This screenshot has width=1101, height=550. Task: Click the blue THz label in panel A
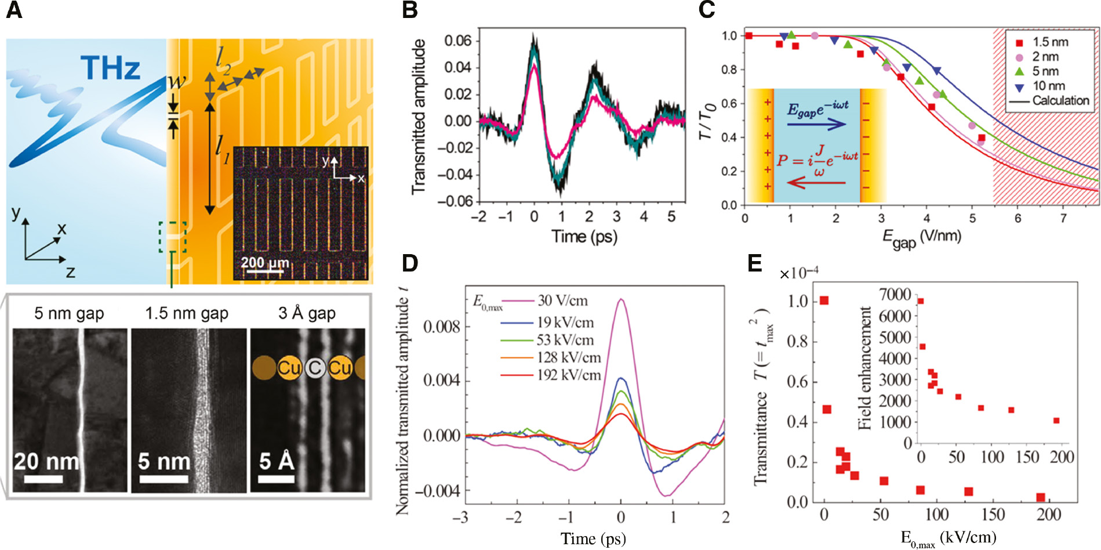click(110, 68)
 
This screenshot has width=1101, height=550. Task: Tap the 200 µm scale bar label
click(264, 263)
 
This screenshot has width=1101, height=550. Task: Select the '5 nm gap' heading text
click(69, 313)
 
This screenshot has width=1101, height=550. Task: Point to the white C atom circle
click(315, 368)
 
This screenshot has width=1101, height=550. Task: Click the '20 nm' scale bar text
click(46, 462)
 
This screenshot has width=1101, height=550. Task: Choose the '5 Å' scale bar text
click(276, 461)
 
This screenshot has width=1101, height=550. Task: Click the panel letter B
click(410, 10)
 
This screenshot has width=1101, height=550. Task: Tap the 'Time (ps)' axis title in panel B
click(584, 236)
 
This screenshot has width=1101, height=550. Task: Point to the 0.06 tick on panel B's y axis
click(458, 41)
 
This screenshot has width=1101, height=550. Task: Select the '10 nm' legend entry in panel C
click(1048, 86)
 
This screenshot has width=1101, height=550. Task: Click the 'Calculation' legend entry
click(1060, 100)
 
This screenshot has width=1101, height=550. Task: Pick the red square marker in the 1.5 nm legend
click(1019, 42)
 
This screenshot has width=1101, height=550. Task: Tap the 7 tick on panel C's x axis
click(1063, 218)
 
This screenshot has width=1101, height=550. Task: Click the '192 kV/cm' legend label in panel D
click(568, 375)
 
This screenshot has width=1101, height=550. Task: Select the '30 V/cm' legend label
click(562, 301)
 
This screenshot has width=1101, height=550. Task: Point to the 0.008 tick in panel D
click(441, 327)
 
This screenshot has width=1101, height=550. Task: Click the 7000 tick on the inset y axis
click(895, 295)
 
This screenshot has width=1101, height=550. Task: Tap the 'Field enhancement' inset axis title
click(865, 368)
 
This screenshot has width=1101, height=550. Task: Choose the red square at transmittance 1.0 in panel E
click(824, 301)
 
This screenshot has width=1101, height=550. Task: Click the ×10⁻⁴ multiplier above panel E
click(798, 273)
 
